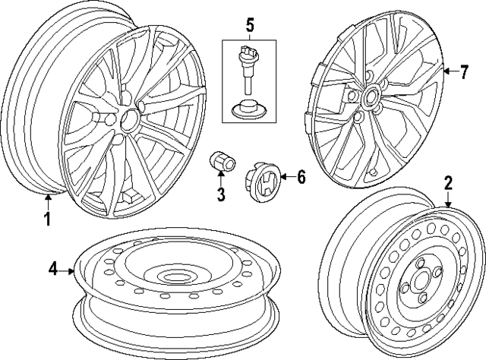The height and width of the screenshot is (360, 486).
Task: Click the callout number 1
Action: click(47, 220)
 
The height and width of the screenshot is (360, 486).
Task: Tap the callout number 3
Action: click(221, 194)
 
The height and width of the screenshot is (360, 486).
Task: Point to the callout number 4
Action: click(53, 268)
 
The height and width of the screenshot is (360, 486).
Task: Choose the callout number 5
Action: click(249, 25)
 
